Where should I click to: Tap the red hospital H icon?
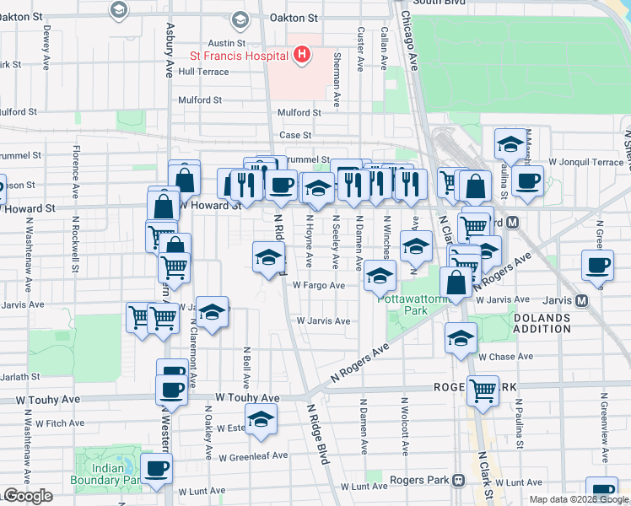tap(302, 57)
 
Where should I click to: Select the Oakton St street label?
tap(293, 17)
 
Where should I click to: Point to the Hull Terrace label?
tap(203, 73)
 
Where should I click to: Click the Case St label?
tap(295, 135)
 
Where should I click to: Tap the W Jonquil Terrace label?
tap(585, 161)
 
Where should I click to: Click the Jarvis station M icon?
tap(581, 300)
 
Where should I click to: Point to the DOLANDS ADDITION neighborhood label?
tap(542, 324)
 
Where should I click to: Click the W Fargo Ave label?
tap(319, 286)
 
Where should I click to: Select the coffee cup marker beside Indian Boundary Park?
tap(156, 470)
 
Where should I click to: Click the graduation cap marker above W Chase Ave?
tap(461, 338)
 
